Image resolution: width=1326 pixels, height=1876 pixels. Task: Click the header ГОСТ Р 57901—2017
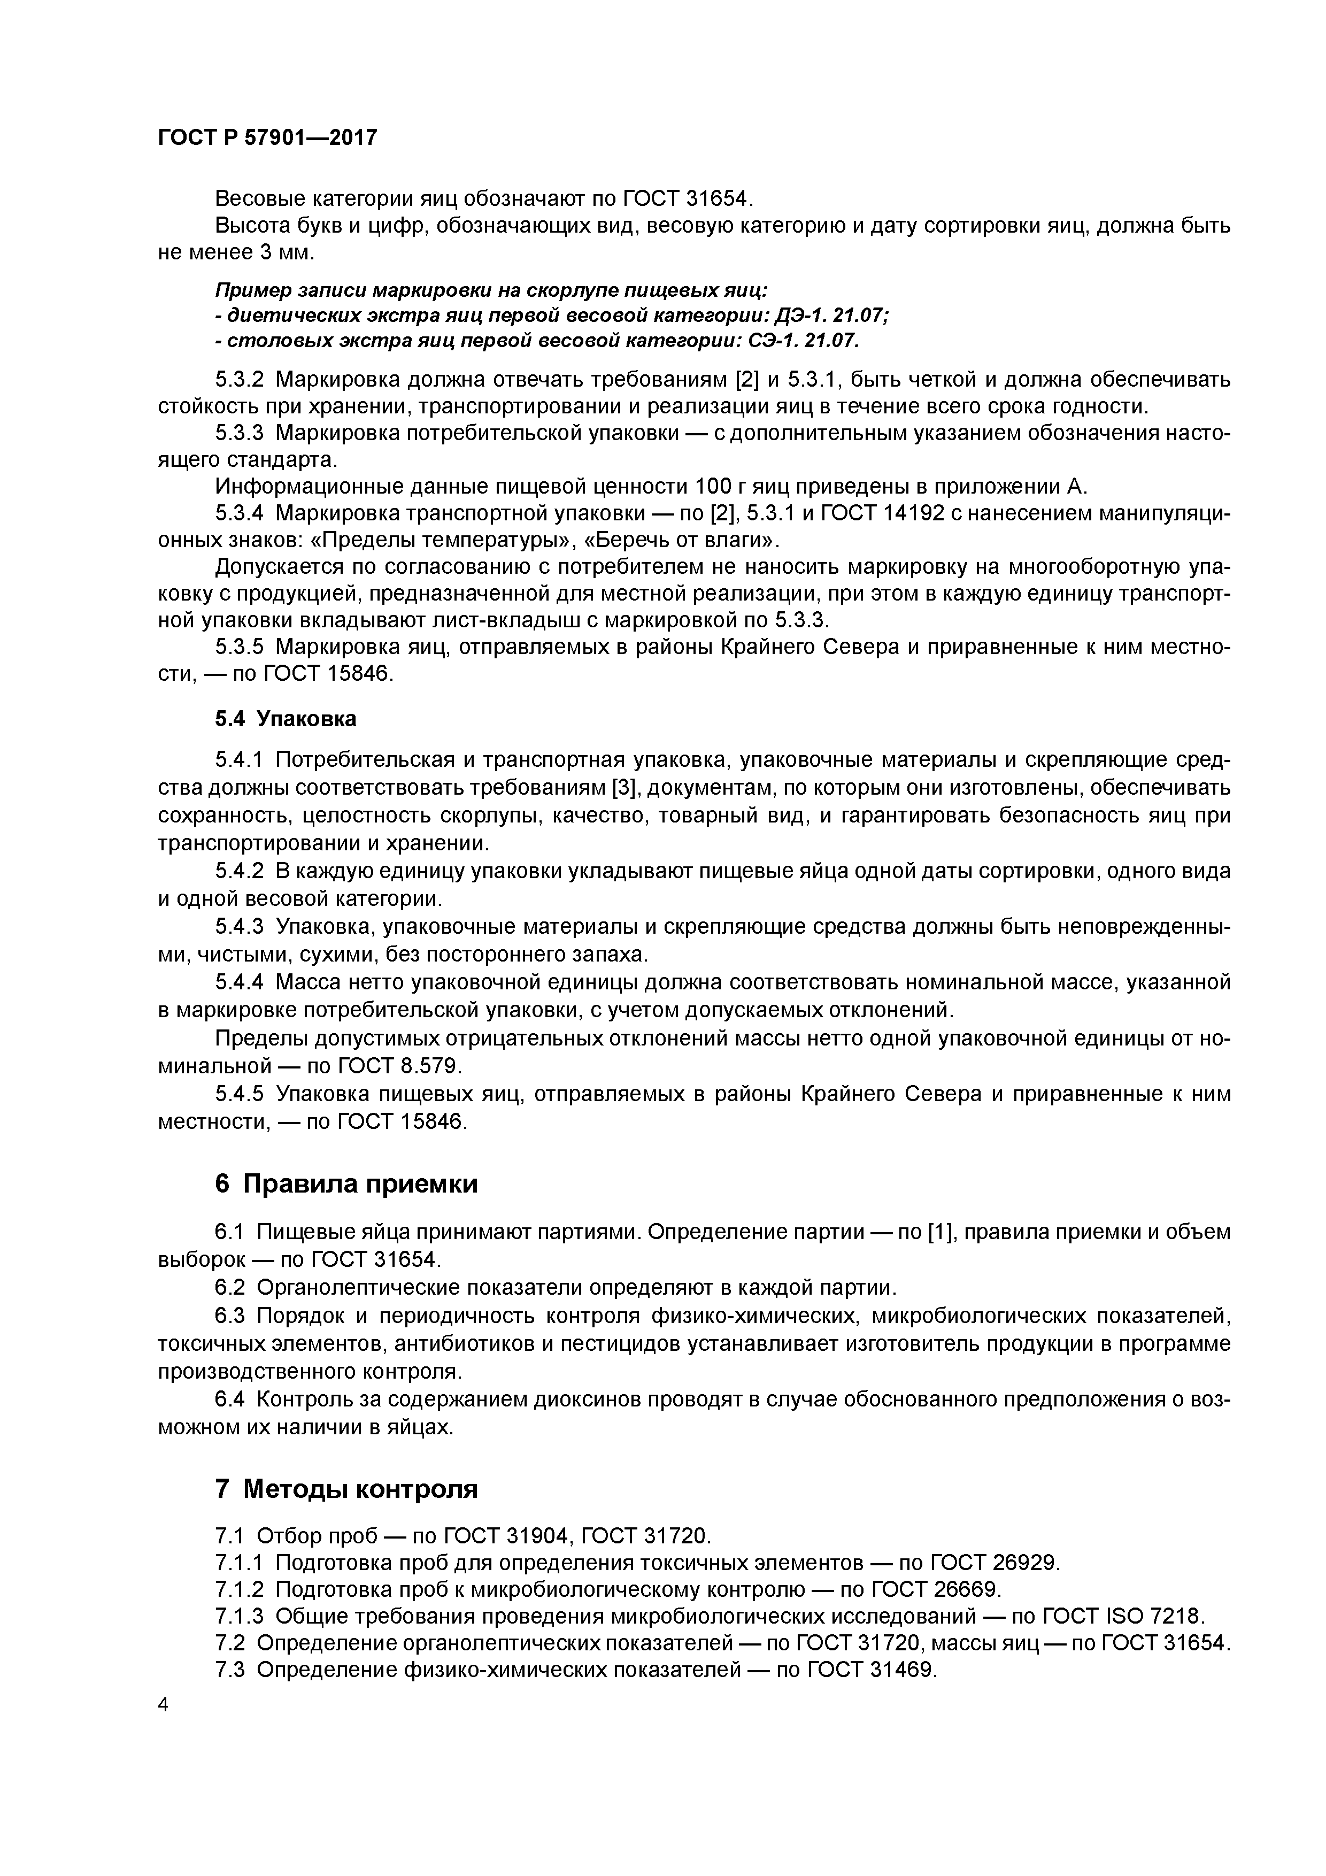coord(267,137)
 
